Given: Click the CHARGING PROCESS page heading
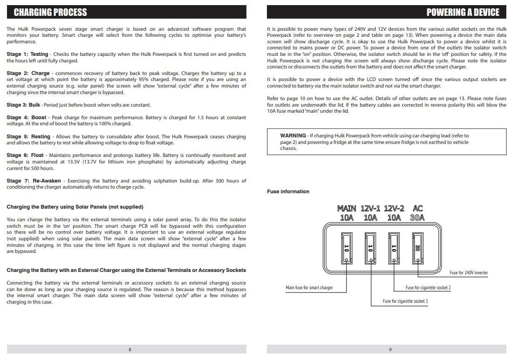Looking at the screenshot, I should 50,12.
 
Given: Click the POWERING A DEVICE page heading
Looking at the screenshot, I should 463,12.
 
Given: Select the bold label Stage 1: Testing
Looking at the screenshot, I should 27,54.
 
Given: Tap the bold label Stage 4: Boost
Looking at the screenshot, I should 27,118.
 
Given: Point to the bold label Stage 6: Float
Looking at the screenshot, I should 25,156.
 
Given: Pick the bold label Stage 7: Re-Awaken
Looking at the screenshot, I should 34,181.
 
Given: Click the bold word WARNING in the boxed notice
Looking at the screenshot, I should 293,136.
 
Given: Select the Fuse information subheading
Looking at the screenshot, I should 288,191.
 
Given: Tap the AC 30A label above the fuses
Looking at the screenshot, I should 418,213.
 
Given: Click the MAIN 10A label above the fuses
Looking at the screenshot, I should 347,213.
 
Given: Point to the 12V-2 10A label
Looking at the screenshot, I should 394,213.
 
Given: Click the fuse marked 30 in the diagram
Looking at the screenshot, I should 418,248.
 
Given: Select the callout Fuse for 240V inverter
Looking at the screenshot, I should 469,273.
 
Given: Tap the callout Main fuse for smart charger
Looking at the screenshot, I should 309,288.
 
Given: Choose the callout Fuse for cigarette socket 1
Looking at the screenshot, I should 405,301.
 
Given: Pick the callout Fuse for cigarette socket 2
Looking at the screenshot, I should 428,288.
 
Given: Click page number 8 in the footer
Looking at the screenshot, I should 129,350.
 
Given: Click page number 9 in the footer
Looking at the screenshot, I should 390,350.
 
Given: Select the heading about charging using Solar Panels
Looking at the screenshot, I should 75,207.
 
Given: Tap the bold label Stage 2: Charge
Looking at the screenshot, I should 28,74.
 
